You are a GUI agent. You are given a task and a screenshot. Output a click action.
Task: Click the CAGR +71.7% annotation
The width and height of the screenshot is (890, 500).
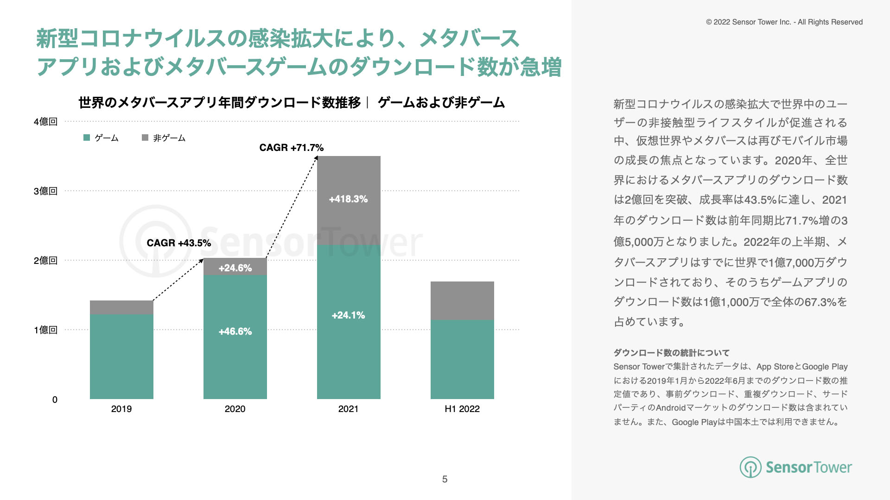click(291, 148)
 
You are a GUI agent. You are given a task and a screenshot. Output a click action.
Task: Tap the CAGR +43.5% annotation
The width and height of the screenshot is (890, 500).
click(178, 243)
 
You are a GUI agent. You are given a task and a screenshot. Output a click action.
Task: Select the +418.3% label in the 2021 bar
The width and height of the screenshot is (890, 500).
click(348, 199)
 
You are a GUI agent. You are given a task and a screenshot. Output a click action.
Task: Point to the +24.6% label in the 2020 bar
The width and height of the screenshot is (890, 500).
click(235, 268)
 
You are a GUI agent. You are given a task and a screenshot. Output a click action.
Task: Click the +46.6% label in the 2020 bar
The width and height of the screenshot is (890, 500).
click(235, 331)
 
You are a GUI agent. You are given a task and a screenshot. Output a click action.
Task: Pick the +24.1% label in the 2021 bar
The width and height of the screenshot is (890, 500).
click(348, 315)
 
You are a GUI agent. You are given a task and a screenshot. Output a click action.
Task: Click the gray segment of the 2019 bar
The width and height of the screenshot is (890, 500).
click(121, 307)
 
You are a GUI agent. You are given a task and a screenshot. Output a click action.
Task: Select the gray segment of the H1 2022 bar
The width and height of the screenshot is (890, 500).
click(462, 300)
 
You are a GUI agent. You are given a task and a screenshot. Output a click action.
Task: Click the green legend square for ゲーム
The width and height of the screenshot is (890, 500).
click(87, 137)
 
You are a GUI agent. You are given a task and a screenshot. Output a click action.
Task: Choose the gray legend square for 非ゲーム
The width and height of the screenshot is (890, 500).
click(145, 137)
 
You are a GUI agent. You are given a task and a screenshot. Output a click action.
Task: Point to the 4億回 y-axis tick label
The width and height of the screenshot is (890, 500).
click(45, 122)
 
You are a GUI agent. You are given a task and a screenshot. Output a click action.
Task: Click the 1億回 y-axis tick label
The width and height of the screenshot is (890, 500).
click(45, 330)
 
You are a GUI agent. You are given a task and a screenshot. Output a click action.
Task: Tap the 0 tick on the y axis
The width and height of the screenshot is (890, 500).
click(55, 400)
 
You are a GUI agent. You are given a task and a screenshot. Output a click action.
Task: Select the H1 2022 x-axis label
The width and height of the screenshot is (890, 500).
click(462, 409)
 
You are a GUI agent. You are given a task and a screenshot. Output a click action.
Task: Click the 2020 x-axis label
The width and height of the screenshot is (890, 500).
click(235, 409)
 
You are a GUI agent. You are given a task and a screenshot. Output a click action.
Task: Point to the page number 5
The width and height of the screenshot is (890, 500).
click(445, 479)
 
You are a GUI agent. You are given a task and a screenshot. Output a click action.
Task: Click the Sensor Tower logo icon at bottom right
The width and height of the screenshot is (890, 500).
click(750, 467)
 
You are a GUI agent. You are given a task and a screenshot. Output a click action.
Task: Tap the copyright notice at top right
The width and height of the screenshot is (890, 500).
click(784, 22)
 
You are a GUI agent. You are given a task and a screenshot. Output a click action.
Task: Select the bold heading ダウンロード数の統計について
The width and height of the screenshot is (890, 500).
click(672, 353)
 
